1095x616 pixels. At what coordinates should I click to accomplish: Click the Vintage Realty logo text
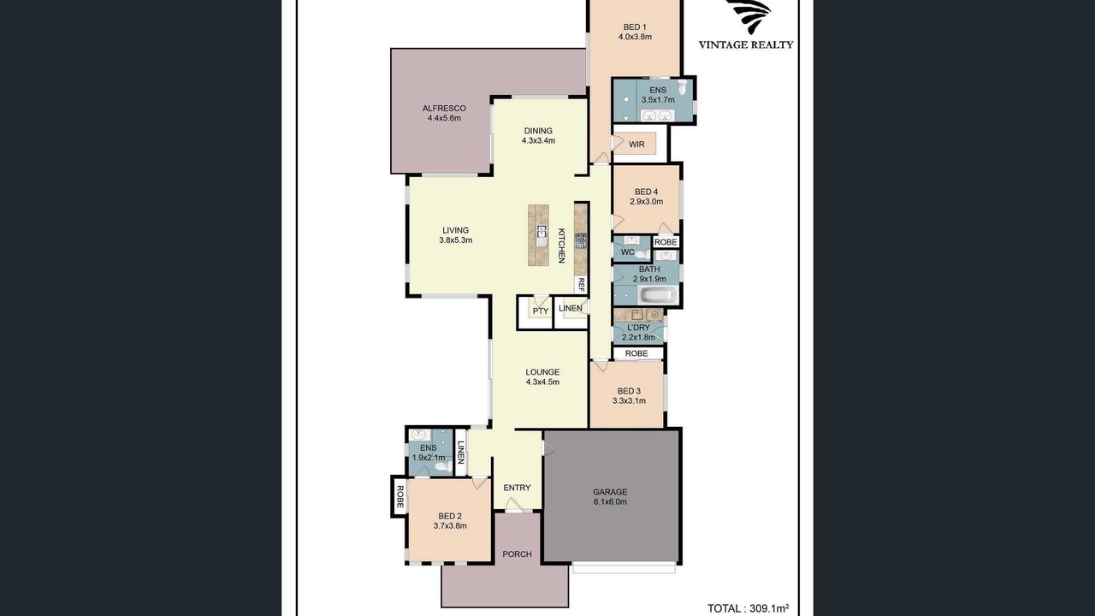[745, 45]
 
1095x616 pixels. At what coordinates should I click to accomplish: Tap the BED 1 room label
[635, 27]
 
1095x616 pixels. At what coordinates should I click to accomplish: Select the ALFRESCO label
[444, 108]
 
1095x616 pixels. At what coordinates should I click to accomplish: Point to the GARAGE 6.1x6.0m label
[610, 497]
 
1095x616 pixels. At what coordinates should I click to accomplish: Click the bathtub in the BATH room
[659, 295]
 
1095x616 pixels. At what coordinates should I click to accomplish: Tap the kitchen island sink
[542, 236]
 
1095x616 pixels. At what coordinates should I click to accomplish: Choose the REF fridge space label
[581, 285]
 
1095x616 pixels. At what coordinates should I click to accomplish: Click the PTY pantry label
[541, 311]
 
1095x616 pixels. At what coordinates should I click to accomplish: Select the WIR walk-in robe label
[636, 145]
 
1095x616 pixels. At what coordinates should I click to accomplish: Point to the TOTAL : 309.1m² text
[748, 608]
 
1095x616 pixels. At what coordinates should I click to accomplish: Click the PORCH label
[518, 554]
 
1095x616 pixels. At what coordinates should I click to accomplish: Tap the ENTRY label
[518, 488]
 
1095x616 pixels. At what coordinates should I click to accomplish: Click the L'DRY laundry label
[638, 328]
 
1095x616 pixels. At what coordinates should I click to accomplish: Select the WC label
[628, 252]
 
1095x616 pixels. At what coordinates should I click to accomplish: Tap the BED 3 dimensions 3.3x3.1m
[629, 401]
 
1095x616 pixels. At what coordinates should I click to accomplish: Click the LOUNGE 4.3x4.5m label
[542, 377]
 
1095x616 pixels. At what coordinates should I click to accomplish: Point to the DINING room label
[538, 131]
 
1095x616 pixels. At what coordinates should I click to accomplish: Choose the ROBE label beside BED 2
[400, 497]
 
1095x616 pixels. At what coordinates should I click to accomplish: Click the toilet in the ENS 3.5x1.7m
[683, 87]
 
